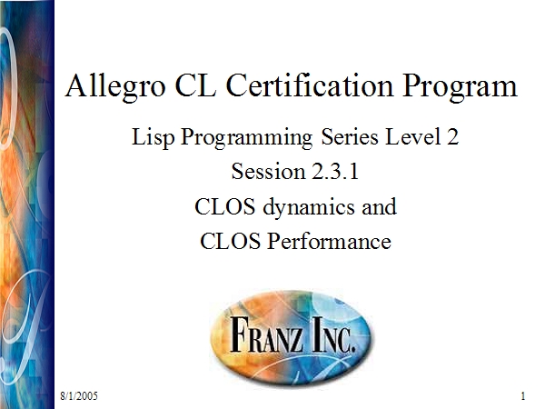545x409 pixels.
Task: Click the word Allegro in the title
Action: coord(115,87)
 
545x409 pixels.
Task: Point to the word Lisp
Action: coord(153,137)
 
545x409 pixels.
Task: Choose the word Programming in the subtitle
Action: coord(246,138)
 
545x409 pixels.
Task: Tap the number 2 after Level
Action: coord(452,136)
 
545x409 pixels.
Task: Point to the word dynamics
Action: coord(310,207)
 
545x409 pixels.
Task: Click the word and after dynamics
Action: coord(379,207)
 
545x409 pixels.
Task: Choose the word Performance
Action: coord(329,241)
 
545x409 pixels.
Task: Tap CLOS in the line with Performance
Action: coord(230,241)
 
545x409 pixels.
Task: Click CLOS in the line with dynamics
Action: coord(224,206)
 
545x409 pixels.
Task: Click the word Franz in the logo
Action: coord(266,334)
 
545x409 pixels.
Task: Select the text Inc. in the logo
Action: coord(333,334)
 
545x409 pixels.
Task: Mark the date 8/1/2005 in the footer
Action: coord(79,395)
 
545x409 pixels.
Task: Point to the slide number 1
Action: coord(523,395)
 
